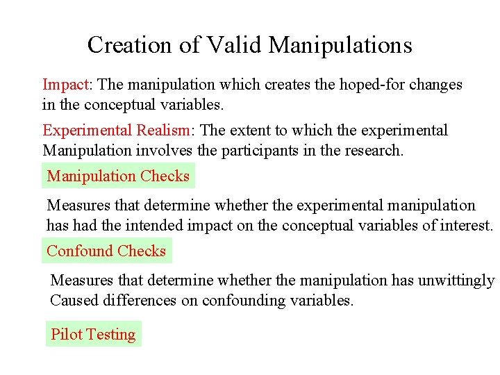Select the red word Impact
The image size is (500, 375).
click(x=66, y=85)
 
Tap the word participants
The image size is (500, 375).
click(x=260, y=150)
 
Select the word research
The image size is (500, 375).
click(x=375, y=150)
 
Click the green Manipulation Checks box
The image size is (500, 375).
click(x=118, y=176)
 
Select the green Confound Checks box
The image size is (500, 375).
click(x=106, y=251)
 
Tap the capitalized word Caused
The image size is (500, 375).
click(x=71, y=300)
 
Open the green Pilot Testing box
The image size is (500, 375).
click(x=93, y=334)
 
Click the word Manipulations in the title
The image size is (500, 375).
click(x=340, y=45)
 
